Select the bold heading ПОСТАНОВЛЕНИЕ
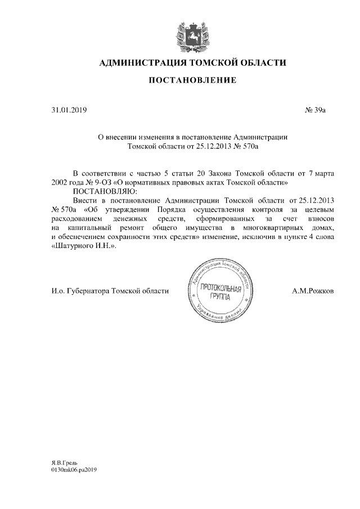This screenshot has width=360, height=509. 192,82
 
